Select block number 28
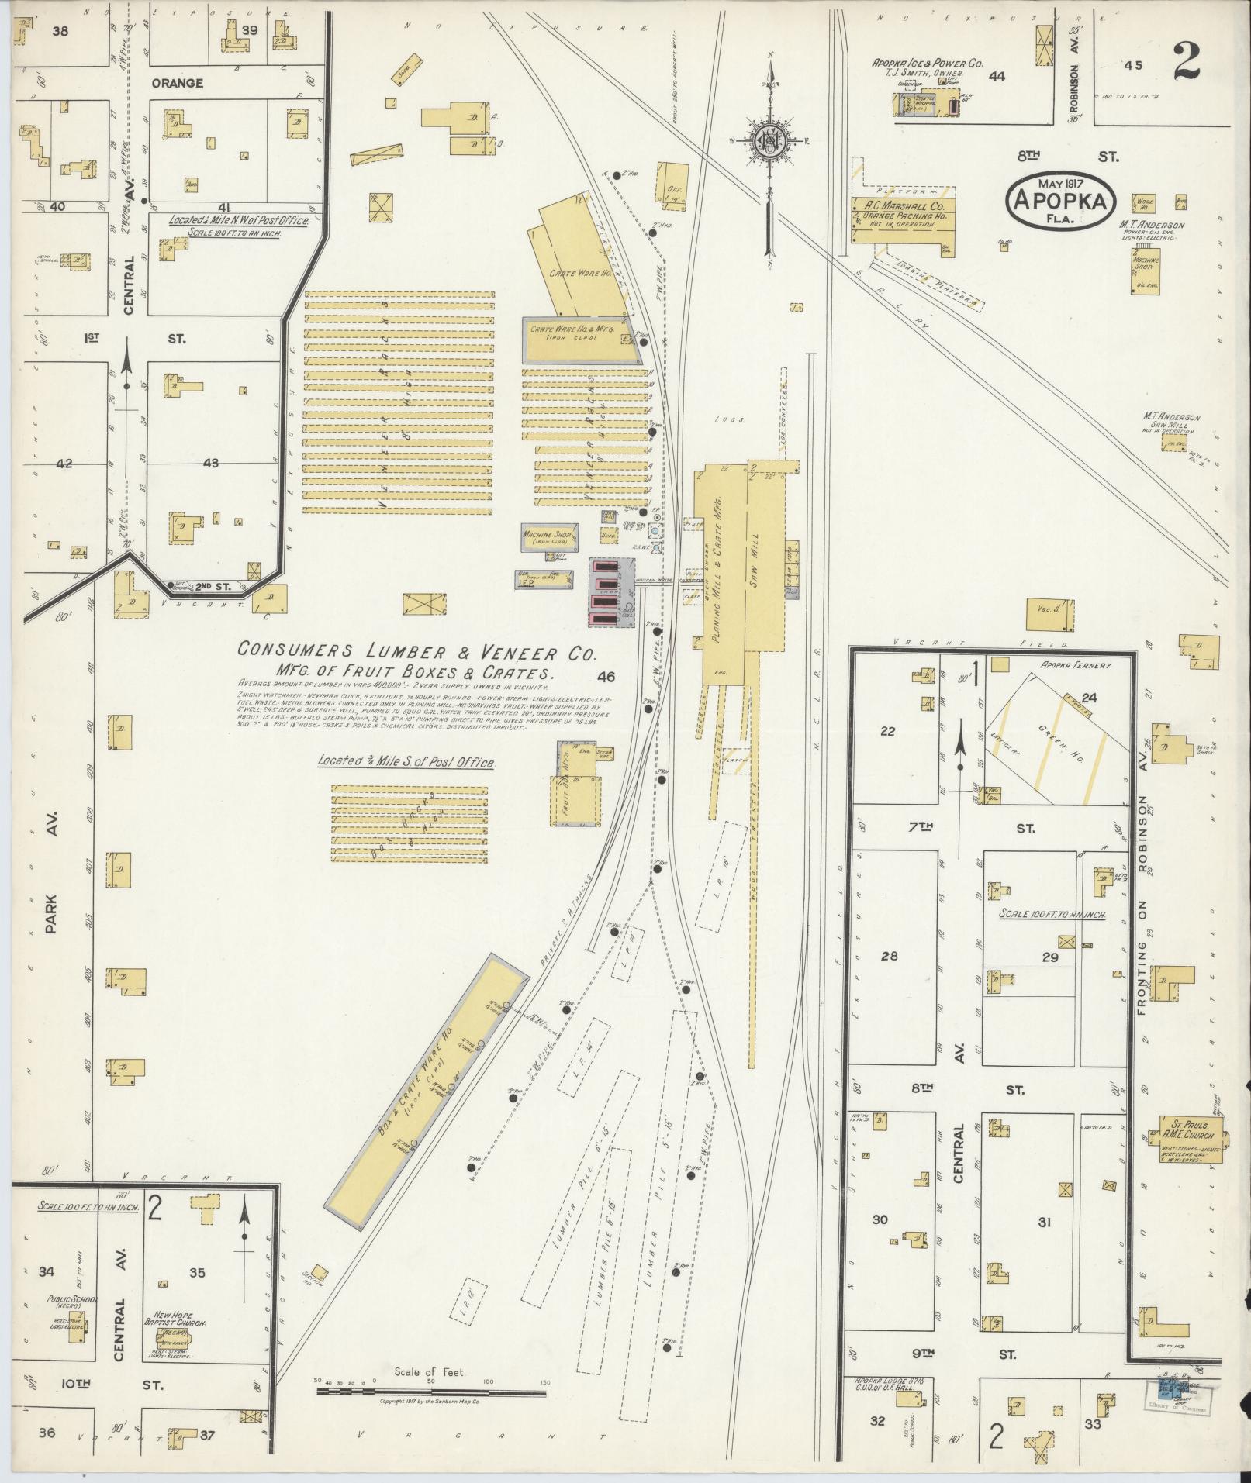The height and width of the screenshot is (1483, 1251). [x=889, y=956]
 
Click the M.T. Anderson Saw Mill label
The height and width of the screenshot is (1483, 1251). [x=1170, y=422]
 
